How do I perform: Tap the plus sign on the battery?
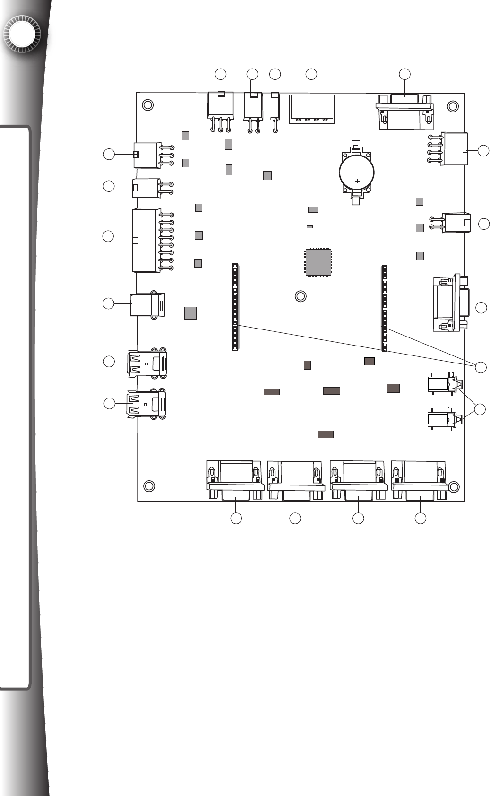(358, 181)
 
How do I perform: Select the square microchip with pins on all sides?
(318, 261)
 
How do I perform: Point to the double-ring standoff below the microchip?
(300, 296)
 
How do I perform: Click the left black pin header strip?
(235, 307)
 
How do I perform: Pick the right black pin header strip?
(385, 308)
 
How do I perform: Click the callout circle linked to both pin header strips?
(481, 367)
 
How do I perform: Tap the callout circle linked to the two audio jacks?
(480, 409)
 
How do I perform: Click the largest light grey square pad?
(190, 313)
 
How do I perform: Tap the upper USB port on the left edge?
(147, 363)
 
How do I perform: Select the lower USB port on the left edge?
(146, 404)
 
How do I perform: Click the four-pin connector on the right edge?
(453, 149)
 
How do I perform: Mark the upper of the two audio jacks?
(443, 384)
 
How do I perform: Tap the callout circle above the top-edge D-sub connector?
(404, 74)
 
